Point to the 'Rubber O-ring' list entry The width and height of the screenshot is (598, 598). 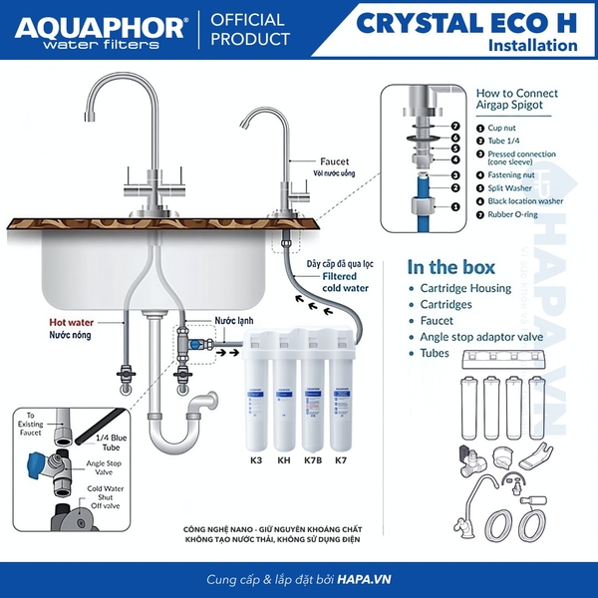pyautogui.click(x=515, y=214)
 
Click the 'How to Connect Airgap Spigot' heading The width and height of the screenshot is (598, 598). pyautogui.click(x=516, y=100)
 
